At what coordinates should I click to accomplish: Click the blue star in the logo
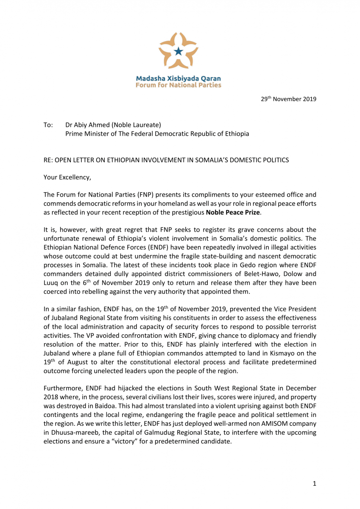click(x=179, y=51)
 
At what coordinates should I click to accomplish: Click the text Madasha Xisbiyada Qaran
click(x=178, y=78)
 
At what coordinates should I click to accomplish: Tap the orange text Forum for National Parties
click(x=178, y=85)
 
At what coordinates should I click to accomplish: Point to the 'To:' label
click(x=48, y=125)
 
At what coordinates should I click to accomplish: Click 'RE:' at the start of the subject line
click(x=48, y=160)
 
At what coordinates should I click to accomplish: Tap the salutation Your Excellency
click(x=67, y=177)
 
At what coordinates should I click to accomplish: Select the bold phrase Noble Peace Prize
click(x=236, y=212)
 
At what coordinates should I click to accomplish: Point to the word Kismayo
click(x=288, y=352)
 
